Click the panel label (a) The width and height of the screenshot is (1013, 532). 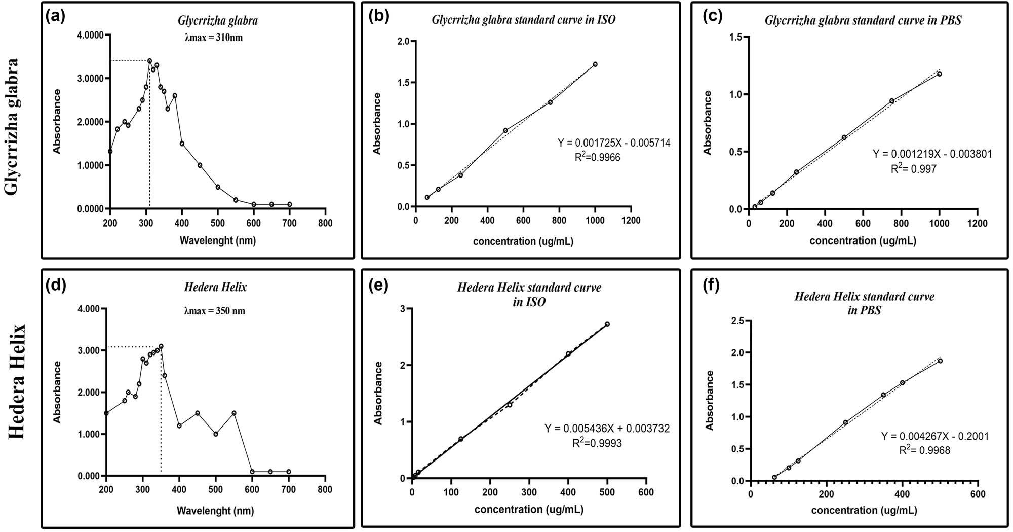55,17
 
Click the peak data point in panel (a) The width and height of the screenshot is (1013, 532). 149,61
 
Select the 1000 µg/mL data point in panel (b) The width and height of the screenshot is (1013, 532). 595,64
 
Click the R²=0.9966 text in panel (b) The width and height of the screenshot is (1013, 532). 597,158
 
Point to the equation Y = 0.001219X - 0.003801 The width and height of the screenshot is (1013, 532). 932,154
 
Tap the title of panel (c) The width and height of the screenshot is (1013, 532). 863,21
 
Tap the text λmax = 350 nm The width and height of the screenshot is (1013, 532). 215,311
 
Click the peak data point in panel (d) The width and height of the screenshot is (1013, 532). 161,346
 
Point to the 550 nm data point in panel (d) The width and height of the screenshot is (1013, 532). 234,413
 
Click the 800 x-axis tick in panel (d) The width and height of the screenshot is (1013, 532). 325,490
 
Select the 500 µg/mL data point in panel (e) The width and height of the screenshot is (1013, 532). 607,324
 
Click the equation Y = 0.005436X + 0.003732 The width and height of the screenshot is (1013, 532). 607,429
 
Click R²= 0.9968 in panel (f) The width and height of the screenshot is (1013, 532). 924,450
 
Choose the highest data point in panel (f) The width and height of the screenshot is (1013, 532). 940,361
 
